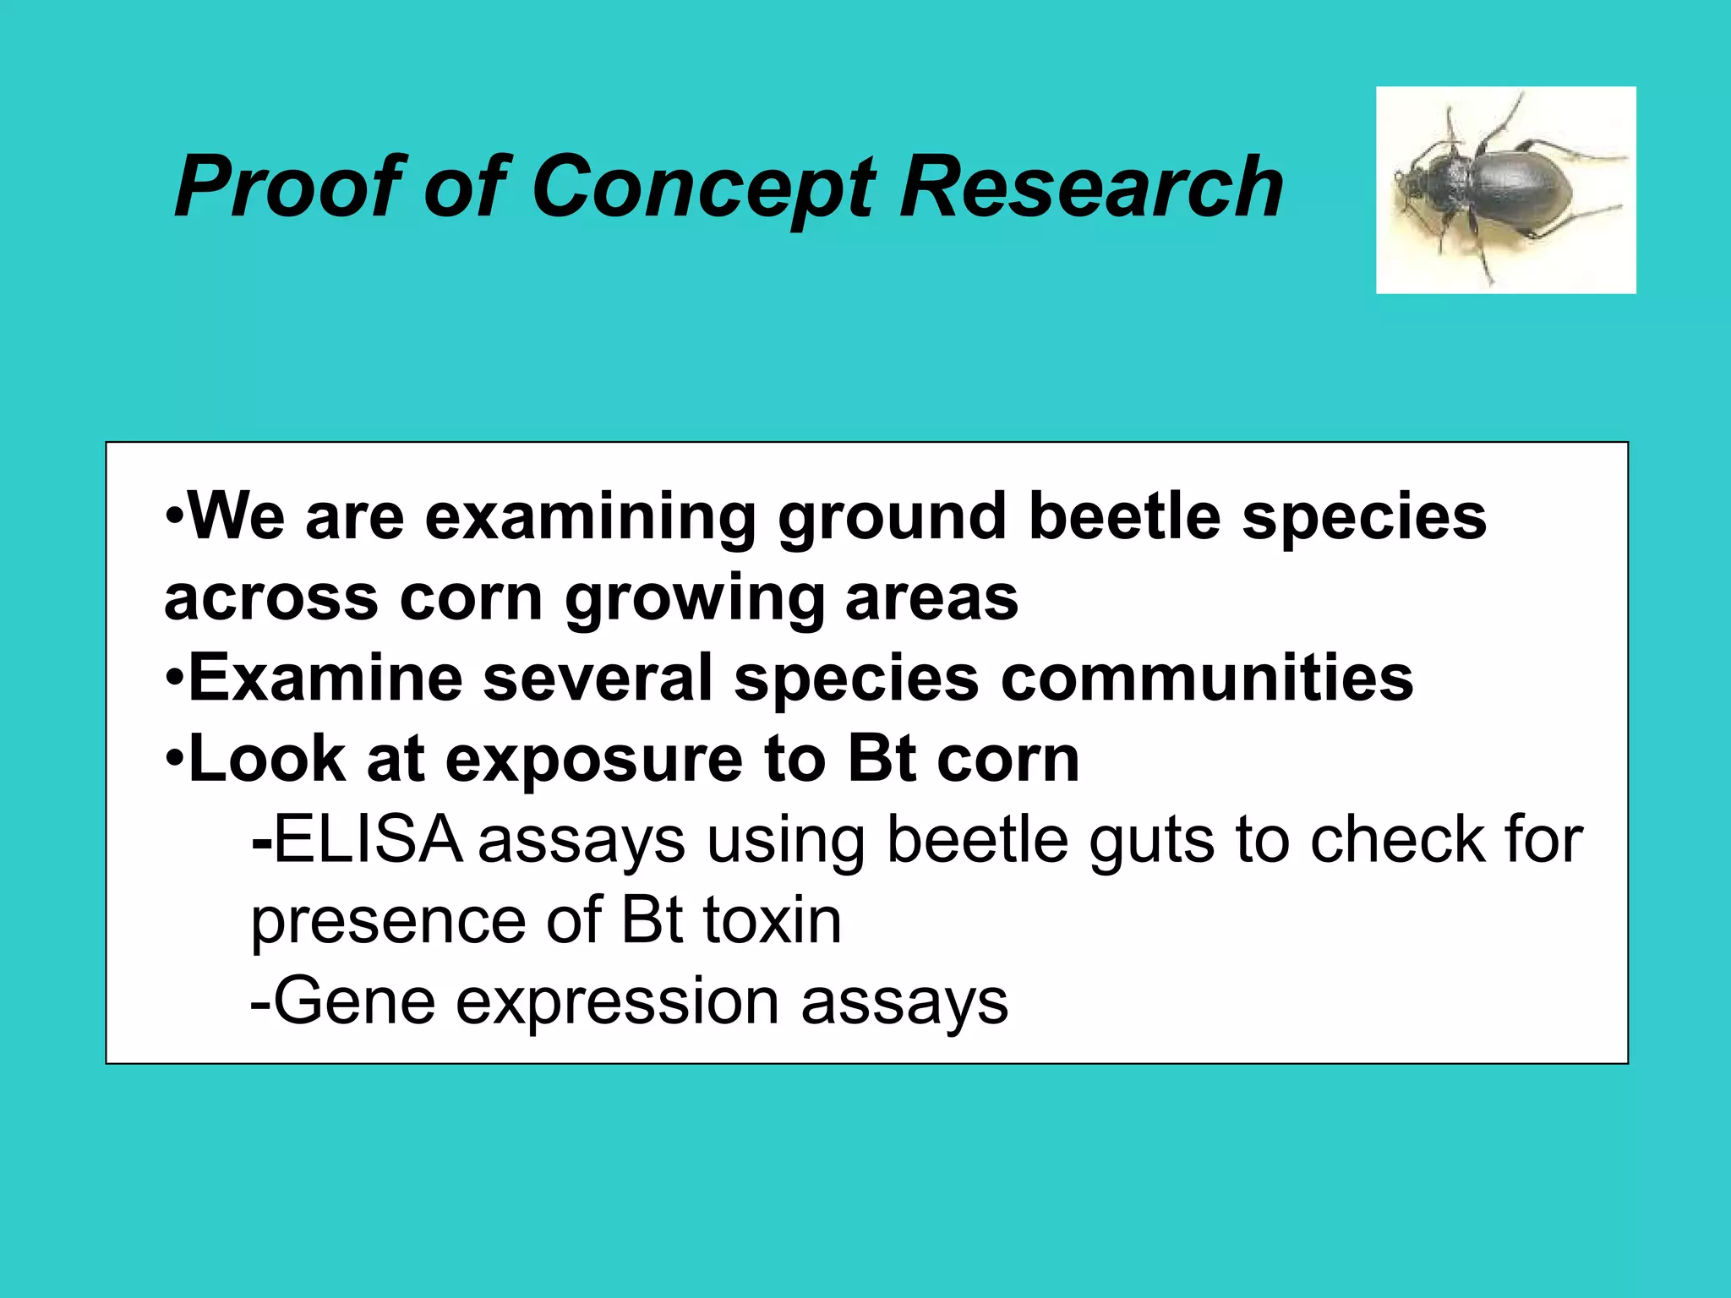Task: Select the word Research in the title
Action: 1090,187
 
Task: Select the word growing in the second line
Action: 694,597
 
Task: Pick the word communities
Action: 1207,678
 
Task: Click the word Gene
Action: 354,1001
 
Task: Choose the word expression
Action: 617,1002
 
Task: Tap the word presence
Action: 385,922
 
